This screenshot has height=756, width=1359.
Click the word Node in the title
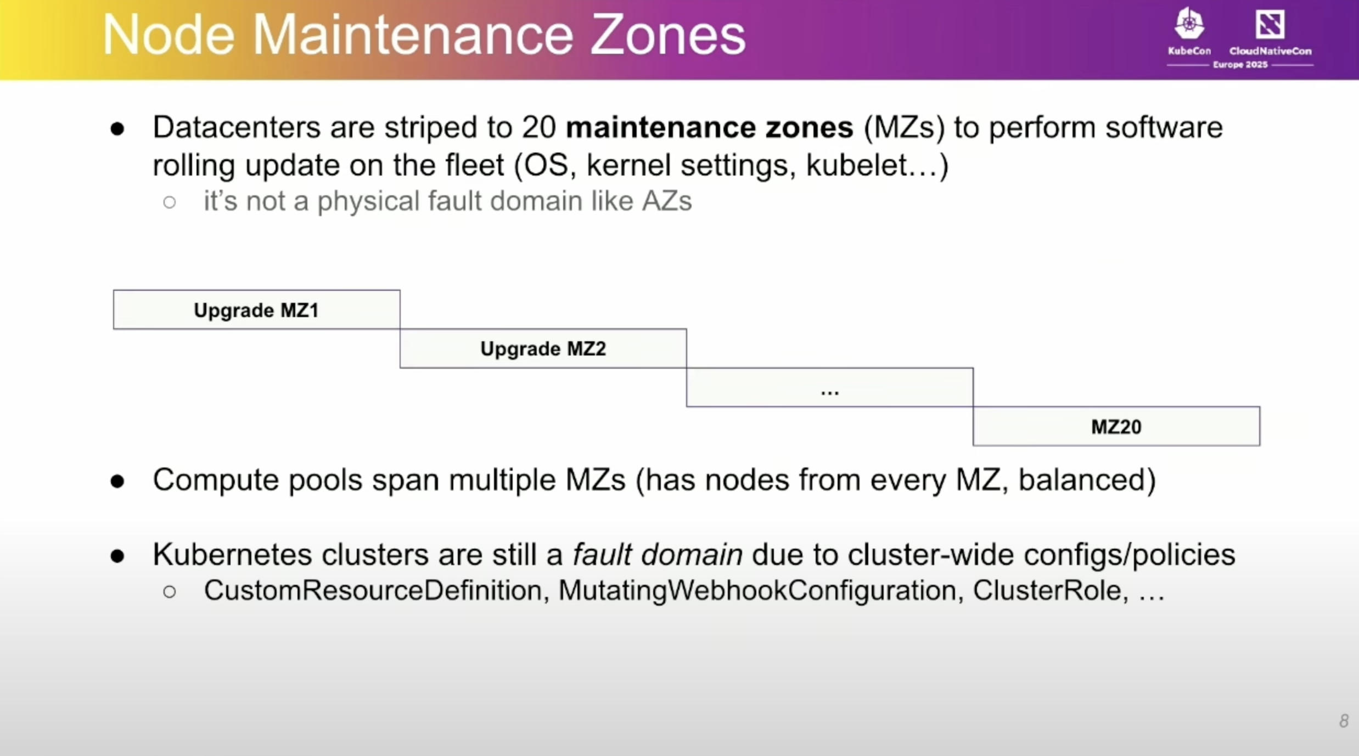pyautogui.click(x=169, y=35)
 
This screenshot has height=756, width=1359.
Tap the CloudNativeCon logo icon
pyautogui.click(x=1270, y=24)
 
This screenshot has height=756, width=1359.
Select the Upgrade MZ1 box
pyautogui.click(x=256, y=310)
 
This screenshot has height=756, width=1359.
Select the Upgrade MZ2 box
pyautogui.click(x=543, y=349)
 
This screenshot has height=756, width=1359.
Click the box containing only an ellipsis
pyautogui.click(x=829, y=388)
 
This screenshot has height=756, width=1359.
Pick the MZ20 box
pyautogui.click(x=1116, y=427)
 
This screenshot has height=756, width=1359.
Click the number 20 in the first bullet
pyautogui.click(x=539, y=127)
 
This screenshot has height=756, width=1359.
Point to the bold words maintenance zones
pyautogui.click(x=709, y=127)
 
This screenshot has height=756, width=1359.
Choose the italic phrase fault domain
pyautogui.click(x=657, y=554)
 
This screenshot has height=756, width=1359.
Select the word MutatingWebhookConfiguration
pyautogui.click(x=761, y=591)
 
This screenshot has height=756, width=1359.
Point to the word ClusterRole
pyautogui.click(x=1050, y=591)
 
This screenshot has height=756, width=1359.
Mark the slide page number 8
pyautogui.click(x=1343, y=720)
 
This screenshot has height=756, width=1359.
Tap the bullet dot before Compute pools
pyautogui.click(x=117, y=482)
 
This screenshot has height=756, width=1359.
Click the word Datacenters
pyautogui.click(x=236, y=127)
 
